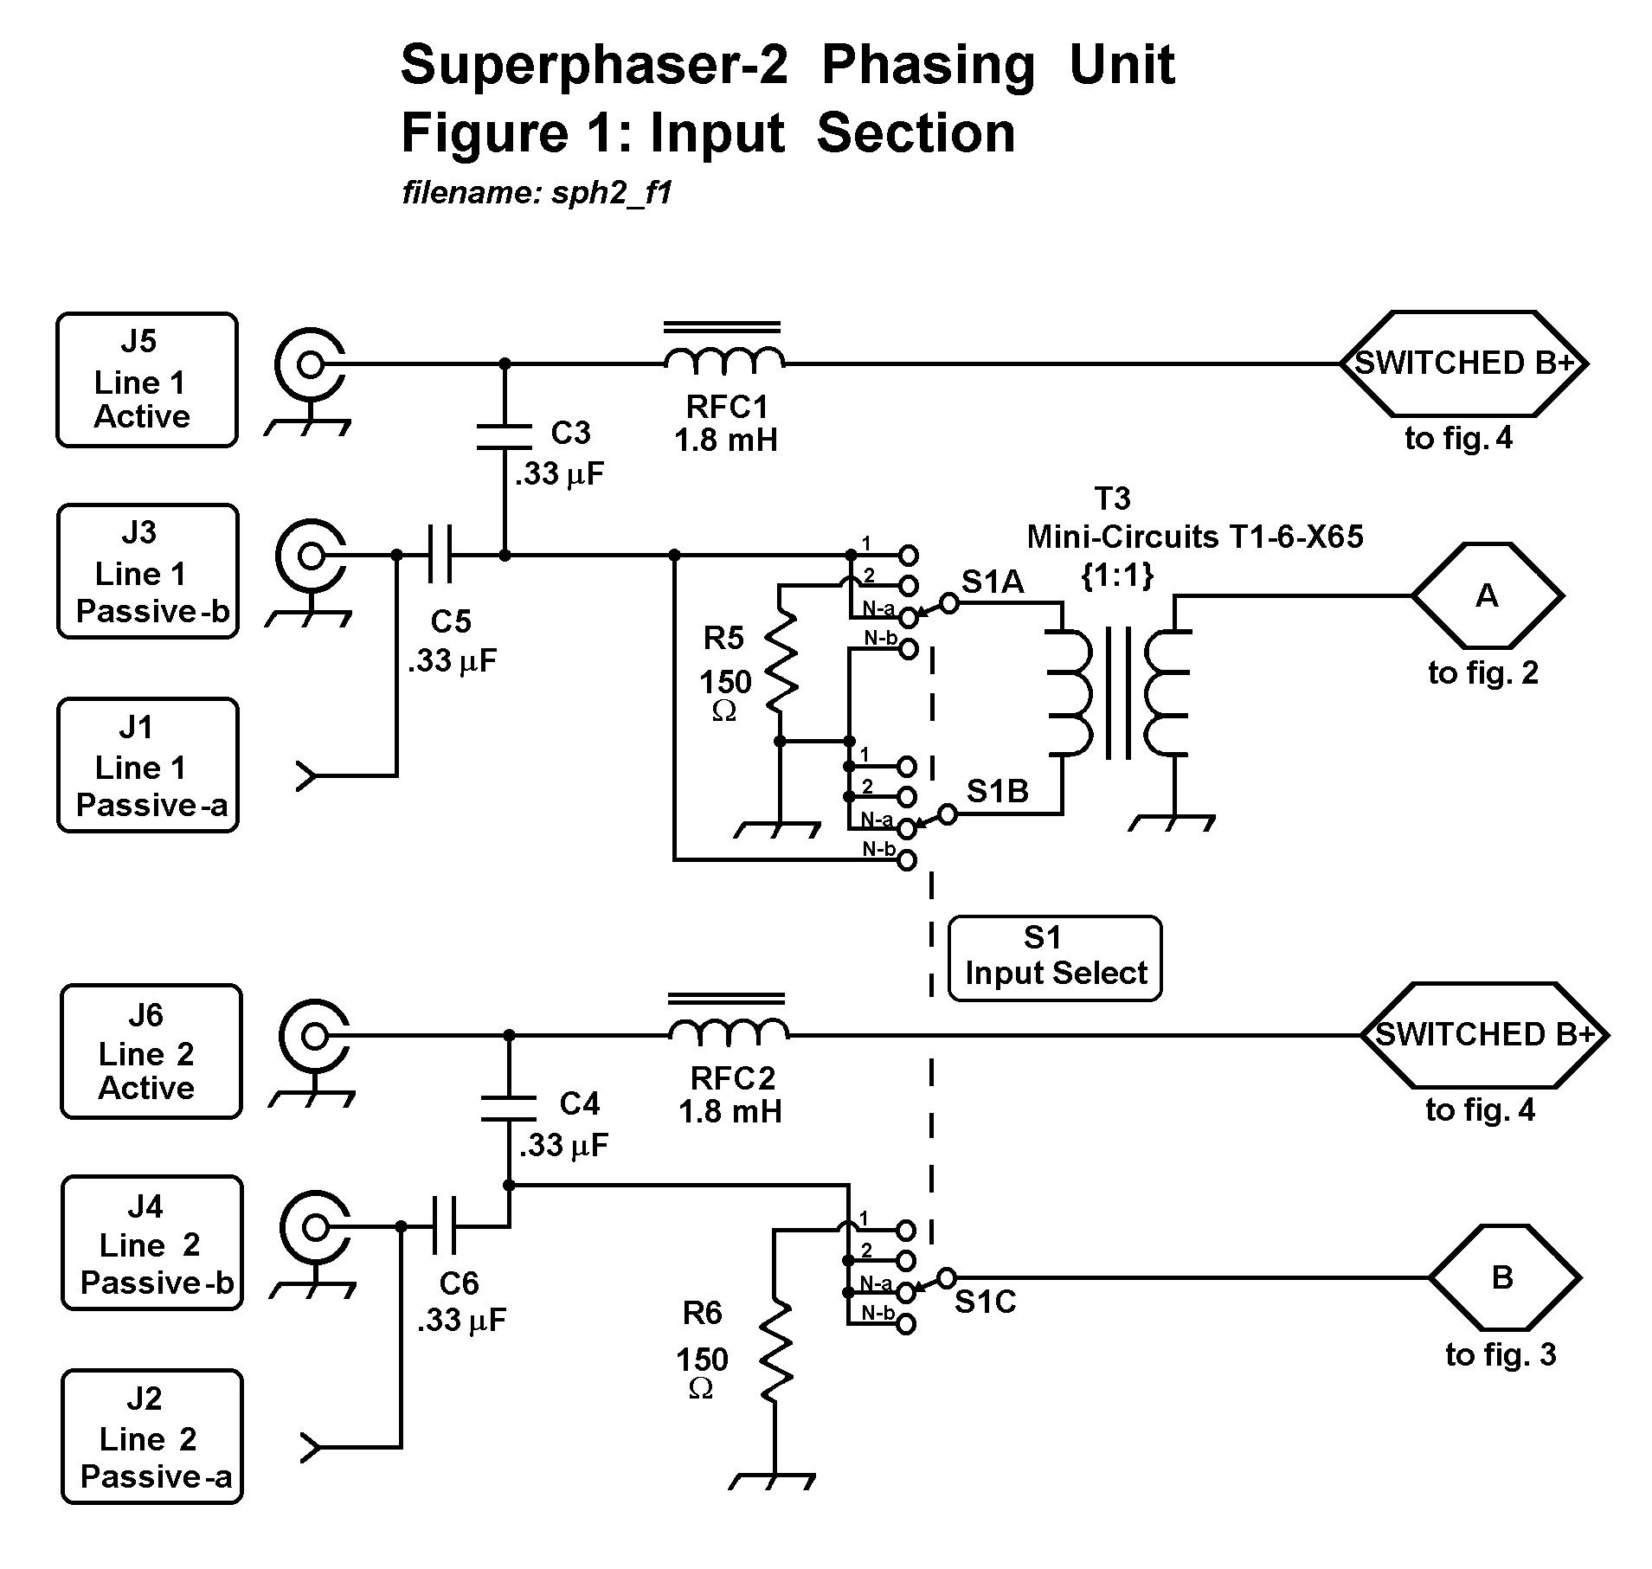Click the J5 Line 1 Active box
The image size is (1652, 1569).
[147, 380]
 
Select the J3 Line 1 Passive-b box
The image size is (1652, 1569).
[148, 571]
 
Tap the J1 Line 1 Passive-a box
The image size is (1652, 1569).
[148, 765]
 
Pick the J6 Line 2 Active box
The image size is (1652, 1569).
[151, 1051]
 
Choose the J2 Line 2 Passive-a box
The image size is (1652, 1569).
[152, 1436]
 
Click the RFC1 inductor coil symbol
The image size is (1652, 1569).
[724, 359]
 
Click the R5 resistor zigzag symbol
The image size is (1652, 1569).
[781, 662]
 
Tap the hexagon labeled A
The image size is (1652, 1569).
[1487, 595]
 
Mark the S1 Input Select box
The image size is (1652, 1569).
[1055, 958]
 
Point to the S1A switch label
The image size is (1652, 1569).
[993, 582]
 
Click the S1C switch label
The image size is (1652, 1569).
[985, 1302]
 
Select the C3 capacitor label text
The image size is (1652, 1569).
[571, 433]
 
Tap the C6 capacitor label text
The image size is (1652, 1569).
[459, 1283]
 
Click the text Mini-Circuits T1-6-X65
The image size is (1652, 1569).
[1194, 537]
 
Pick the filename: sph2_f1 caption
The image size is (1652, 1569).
[537, 192]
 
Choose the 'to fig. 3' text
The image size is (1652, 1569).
[1501, 1354]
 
